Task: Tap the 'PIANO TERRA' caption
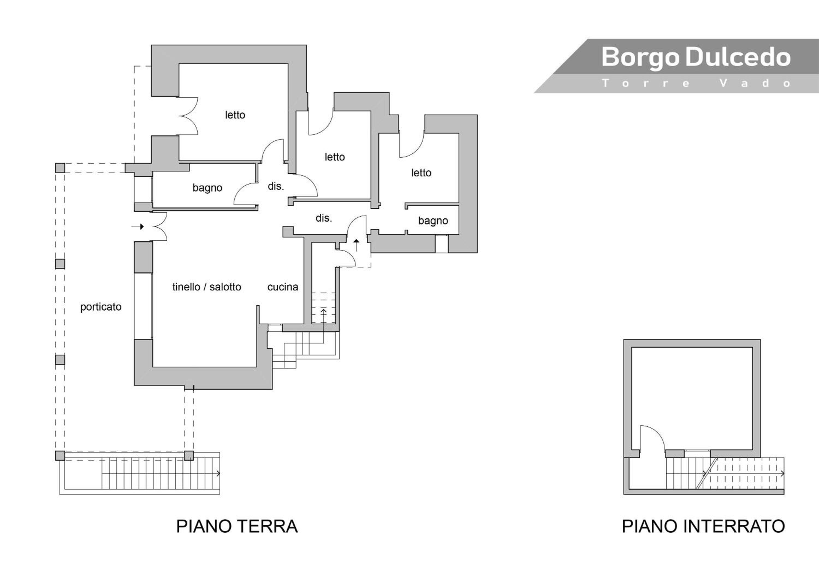(x=237, y=526)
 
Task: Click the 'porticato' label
(x=101, y=307)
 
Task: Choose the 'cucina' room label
(x=283, y=287)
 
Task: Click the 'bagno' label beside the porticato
(x=207, y=188)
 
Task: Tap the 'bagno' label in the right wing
(x=433, y=221)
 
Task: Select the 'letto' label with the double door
(x=235, y=115)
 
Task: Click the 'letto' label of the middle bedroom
(x=335, y=157)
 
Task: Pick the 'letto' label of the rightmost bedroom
(x=421, y=173)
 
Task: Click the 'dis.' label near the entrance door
(x=324, y=218)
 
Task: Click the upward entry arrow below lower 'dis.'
(x=356, y=245)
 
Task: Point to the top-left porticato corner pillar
(x=60, y=168)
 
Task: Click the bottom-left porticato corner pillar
(x=60, y=456)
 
